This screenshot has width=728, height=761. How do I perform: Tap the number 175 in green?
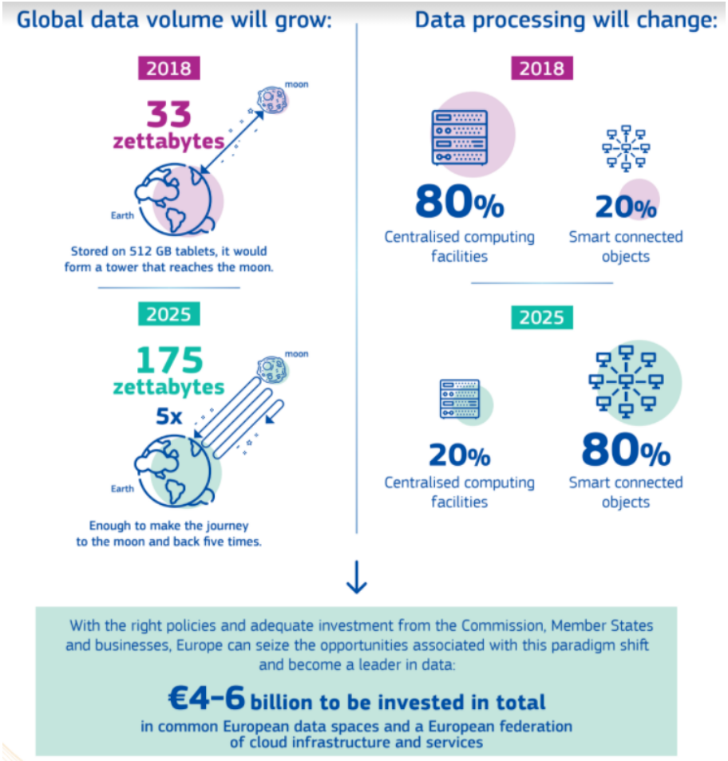click(169, 360)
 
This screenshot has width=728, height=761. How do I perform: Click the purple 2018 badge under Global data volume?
click(169, 68)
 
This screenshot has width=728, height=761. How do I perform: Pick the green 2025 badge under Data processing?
click(542, 317)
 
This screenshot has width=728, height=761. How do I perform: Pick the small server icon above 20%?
click(459, 399)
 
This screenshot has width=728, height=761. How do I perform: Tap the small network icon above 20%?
click(626, 148)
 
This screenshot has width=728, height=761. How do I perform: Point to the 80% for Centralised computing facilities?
click(460, 203)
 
